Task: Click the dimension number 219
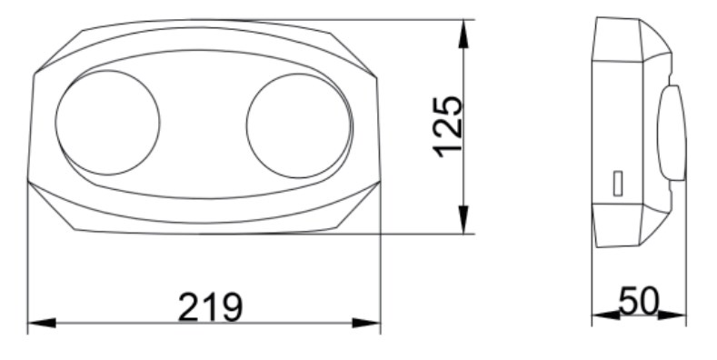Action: (x=210, y=306)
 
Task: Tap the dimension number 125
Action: (x=448, y=126)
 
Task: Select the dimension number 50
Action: (x=639, y=301)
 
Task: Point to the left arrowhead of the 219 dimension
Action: (x=42, y=323)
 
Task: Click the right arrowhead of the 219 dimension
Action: (x=366, y=323)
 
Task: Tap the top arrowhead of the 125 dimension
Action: (x=463, y=34)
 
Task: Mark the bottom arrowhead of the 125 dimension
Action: (x=463, y=220)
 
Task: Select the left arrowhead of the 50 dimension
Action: (x=606, y=315)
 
